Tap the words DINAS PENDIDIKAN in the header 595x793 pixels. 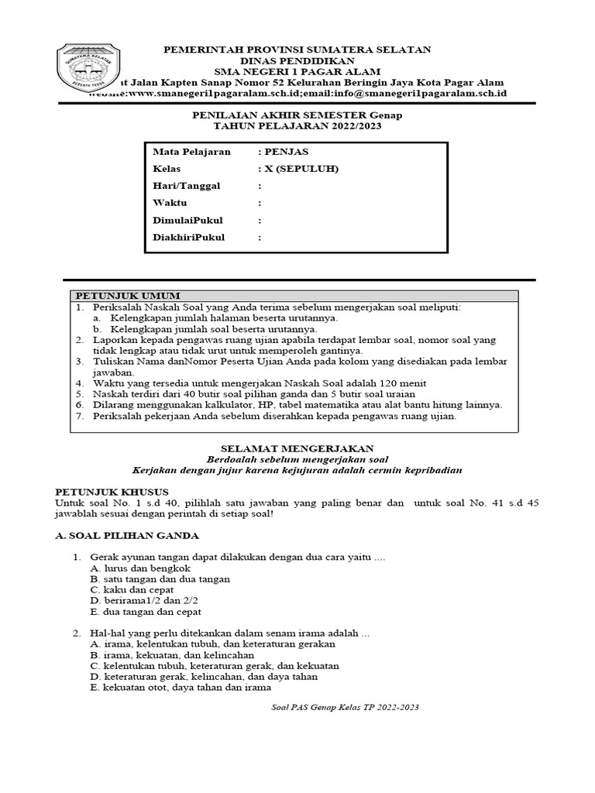pyautogui.click(x=297, y=60)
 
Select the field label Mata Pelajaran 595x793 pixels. pyautogui.click(x=192, y=152)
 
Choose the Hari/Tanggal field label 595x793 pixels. pyautogui.click(x=187, y=186)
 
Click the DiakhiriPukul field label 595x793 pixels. pyautogui.click(x=190, y=237)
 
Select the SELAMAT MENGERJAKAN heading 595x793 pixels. pyautogui.click(x=297, y=448)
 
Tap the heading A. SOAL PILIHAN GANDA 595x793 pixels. pyautogui.click(x=129, y=535)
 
